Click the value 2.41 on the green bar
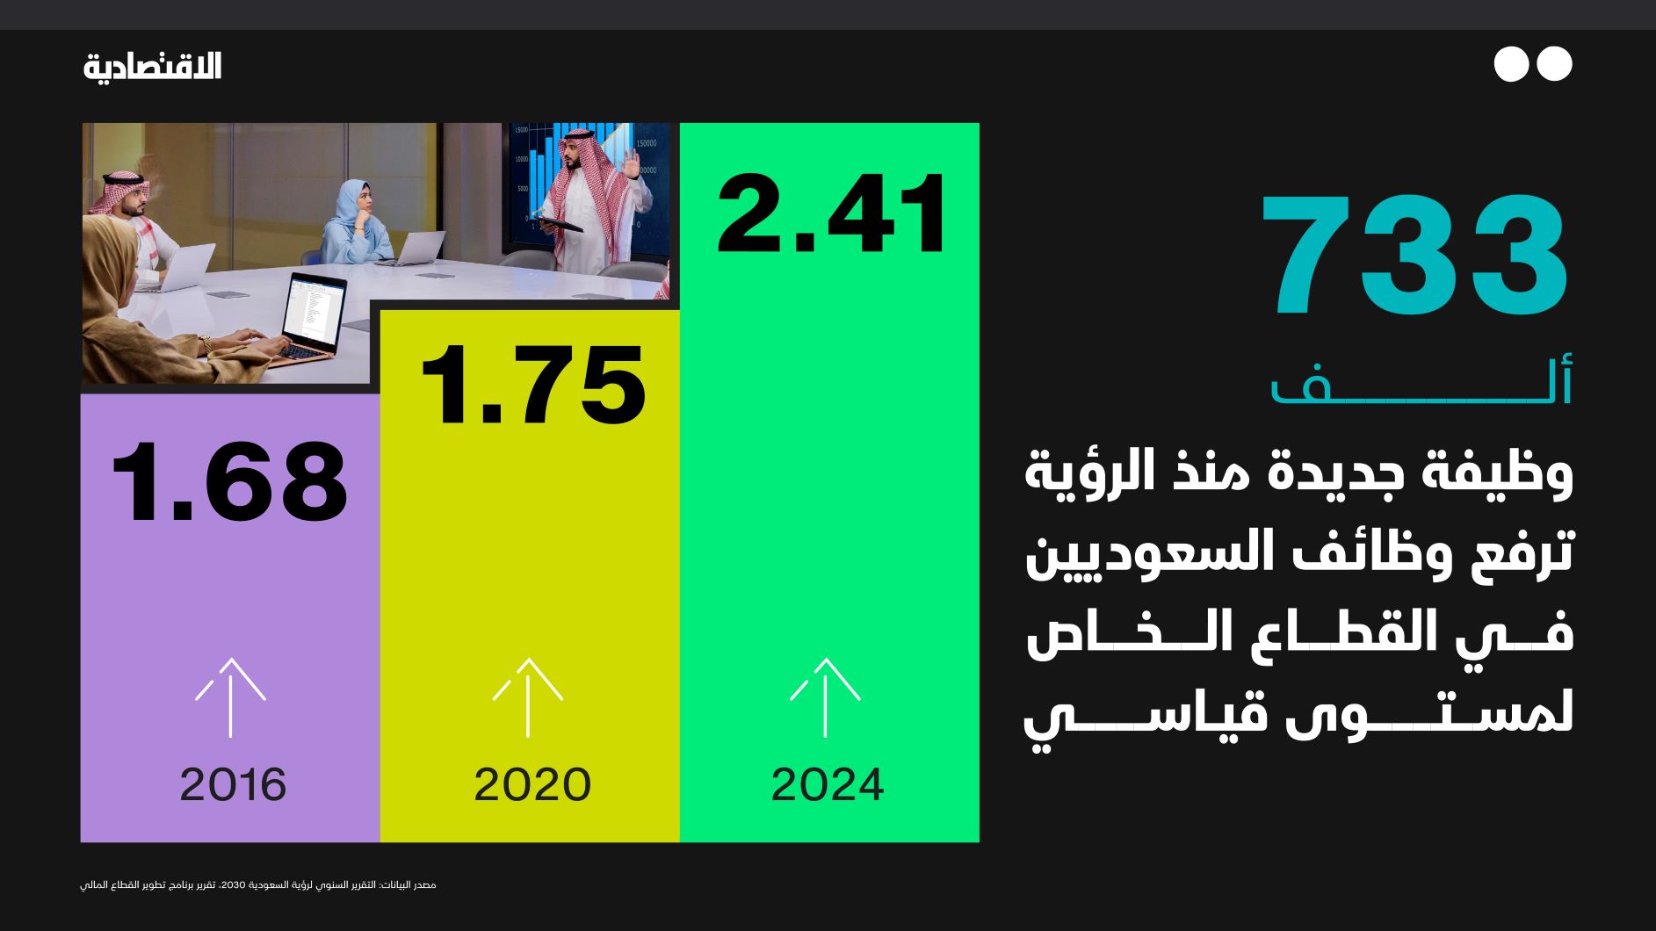point(831,214)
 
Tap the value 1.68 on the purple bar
point(230,482)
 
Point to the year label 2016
point(233,784)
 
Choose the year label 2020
point(532,784)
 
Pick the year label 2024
point(827,784)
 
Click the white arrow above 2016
point(230,696)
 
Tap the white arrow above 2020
point(527,696)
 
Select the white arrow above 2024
point(825,696)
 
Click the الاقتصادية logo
point(153,66)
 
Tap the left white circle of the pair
point(1511,64)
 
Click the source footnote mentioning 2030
point(258,884)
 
